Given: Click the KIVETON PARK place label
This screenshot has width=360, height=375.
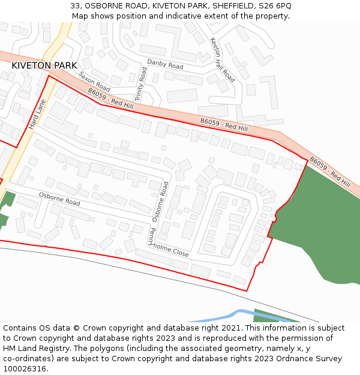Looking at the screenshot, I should (x=44, y=65).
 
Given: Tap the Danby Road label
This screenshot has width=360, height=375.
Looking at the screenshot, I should (x=165, y=65).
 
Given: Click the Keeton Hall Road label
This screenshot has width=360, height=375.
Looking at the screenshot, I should (x=222, y=59).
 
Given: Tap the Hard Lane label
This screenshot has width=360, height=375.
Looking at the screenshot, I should (x=37, y=114).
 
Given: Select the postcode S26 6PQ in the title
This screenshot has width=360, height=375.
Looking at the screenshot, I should (x=276, y=5).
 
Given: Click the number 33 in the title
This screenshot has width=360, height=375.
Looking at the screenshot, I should (x=75, y=5).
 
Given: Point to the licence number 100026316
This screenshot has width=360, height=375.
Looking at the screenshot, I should (x=25, y=369).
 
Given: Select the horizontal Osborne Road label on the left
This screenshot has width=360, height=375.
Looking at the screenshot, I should (x=59, y=199).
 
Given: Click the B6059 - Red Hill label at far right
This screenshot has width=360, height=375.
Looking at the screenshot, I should (x=330, y=172).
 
